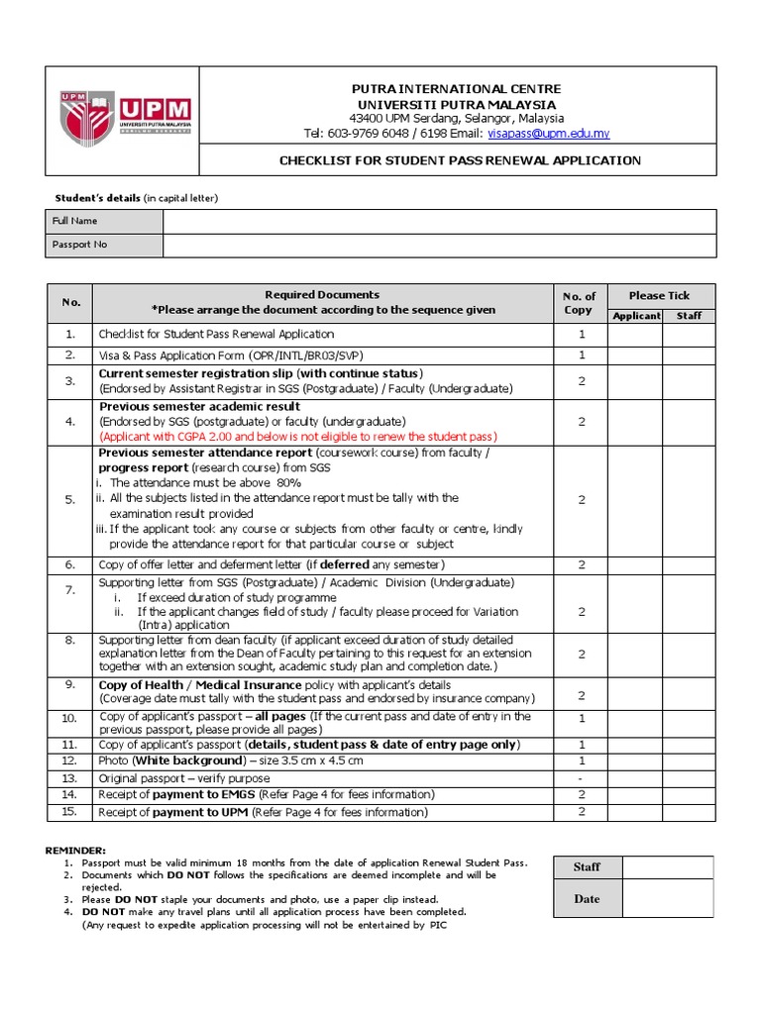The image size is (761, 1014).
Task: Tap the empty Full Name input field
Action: tap(439, 221)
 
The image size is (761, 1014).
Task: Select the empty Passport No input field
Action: tap(439, 245)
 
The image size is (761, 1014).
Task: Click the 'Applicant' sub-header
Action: tap(635, 316)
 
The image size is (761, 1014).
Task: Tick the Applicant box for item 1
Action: tap(635, 335)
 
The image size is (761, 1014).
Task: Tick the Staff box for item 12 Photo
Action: tap(689, 760)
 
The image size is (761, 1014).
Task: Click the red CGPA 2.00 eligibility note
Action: tap(297, 436)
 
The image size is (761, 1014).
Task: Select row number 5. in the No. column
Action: tap(70, 500)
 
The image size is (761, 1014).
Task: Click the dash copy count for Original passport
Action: tap(581, 778)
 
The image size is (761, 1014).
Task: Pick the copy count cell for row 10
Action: tap(581, 718)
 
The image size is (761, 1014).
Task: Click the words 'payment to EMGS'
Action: tap(206, 795)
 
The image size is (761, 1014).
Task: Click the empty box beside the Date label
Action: tap(667, 899)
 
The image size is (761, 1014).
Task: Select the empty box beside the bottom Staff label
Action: tap(667, 866)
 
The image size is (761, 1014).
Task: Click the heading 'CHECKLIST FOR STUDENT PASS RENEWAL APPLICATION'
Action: tap(459, 160)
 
